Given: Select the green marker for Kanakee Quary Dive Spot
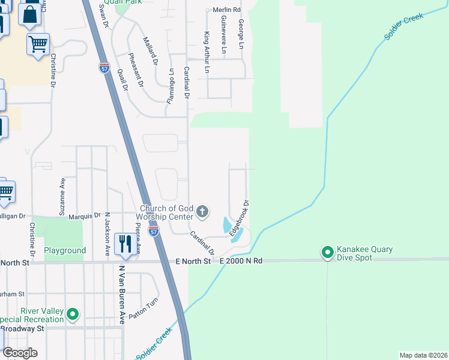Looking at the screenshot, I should [328, 253].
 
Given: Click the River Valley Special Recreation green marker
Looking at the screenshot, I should [73, 313].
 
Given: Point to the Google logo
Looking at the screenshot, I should [20, 352].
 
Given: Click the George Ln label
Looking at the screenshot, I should [241, 34].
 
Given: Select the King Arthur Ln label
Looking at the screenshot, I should [208, 53].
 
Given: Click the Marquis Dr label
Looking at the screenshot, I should [85, 215].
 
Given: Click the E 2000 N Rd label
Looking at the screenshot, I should [241, 261].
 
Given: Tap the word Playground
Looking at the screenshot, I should [65, 250].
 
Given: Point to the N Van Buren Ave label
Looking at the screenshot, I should [121, 295].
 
